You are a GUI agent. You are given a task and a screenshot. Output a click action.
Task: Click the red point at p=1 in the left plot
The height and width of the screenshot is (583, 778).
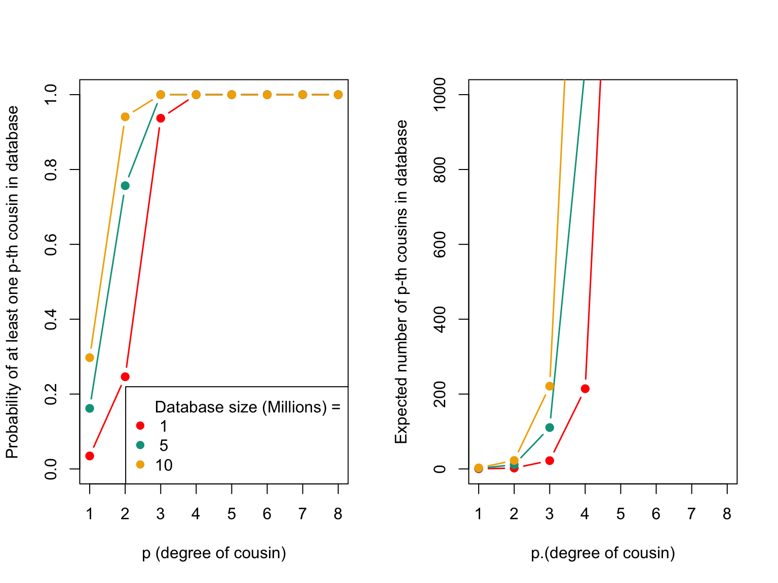90,456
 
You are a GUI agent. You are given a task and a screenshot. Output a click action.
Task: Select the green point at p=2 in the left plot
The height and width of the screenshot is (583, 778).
125,186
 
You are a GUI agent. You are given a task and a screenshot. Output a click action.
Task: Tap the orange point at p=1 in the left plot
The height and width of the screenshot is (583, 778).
90,358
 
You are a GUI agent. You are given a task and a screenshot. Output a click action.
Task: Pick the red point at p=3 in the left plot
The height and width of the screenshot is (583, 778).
161,118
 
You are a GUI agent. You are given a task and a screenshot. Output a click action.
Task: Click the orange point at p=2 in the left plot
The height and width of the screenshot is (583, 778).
125,117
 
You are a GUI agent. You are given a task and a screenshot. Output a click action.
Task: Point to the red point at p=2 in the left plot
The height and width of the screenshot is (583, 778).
125,377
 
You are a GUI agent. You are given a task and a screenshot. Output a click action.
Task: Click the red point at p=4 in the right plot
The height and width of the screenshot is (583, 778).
585,389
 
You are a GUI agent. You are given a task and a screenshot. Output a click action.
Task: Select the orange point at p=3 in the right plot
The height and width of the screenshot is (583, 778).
550,386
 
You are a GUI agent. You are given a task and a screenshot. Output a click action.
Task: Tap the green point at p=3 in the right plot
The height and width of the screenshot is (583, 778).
550,428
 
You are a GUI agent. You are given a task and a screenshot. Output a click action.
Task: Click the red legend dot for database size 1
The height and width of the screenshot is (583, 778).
140,426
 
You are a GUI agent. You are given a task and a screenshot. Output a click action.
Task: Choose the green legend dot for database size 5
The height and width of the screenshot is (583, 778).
140,445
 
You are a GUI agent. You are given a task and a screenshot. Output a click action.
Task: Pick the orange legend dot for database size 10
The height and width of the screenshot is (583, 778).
140,465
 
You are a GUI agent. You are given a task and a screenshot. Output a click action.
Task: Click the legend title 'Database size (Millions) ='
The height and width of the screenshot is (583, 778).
247,407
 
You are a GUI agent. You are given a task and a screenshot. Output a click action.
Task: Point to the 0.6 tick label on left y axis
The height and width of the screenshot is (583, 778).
51,244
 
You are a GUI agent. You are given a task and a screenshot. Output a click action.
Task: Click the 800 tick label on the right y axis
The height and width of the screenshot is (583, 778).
440,170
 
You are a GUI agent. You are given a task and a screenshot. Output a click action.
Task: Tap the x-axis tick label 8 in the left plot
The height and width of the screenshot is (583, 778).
338,514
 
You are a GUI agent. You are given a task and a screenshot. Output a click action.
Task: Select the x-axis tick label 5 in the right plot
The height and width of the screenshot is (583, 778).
620,514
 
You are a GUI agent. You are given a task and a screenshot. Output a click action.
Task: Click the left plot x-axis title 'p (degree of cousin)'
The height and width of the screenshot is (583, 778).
214,553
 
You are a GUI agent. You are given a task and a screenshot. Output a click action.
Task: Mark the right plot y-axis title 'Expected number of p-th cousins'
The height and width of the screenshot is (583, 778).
401,281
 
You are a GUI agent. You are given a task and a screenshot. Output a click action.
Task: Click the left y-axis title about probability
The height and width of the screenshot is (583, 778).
12,281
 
